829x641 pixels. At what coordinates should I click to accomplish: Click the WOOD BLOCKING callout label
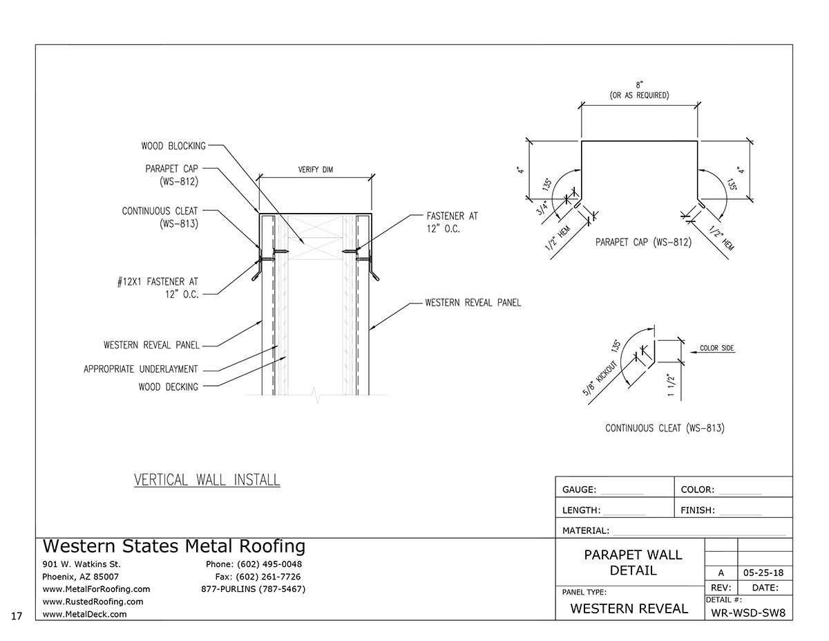click(173, 146)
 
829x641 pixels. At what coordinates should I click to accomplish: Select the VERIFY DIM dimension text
click(315, 170)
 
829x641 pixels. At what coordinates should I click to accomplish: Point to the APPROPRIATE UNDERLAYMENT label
click(140, 369)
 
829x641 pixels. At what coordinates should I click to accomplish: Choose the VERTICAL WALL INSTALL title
click(207, 480)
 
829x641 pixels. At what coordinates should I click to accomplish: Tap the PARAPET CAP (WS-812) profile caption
click(643, 243)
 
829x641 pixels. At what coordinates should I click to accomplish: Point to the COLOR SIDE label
click(716, 348)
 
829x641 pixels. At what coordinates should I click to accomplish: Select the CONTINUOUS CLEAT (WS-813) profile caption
click(664, 428)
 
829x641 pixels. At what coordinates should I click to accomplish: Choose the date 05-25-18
click(765, 573)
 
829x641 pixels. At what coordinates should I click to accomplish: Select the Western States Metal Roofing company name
click(173, 546)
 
